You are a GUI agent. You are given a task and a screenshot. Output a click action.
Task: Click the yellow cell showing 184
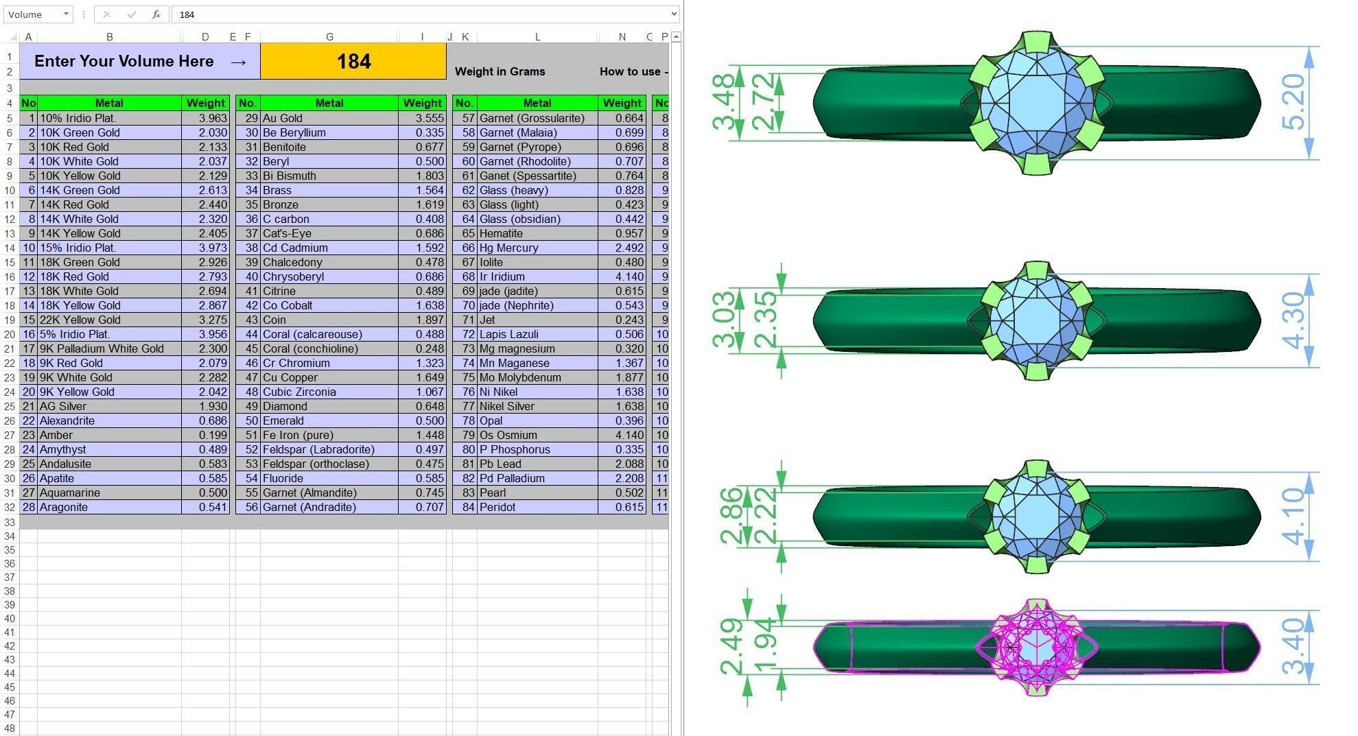tap(353, 61)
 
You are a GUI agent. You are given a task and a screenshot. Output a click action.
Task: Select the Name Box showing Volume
tap(38, 14)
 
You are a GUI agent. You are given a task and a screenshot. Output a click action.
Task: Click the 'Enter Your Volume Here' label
tap(124, 61)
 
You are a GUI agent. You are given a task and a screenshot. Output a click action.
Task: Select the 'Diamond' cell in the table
tap(285, 406)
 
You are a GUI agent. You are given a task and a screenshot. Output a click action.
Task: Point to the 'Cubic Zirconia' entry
tap(299, 392)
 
